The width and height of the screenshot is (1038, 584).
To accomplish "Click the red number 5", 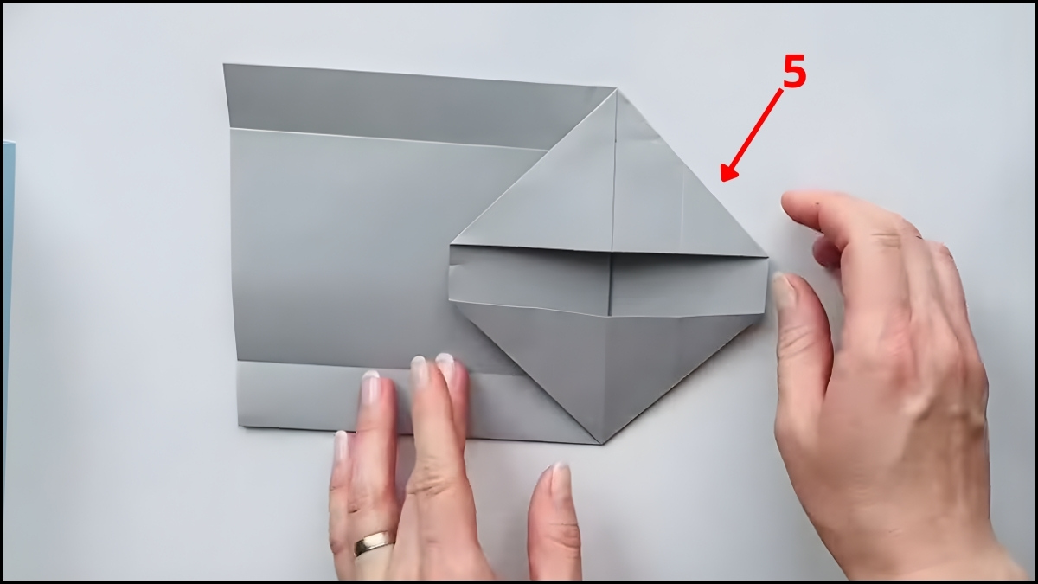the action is [x=794, y=71].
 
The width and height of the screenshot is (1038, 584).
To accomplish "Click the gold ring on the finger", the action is [x=374, y=542].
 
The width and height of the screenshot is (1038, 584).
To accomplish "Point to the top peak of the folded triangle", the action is [x=618, y=89].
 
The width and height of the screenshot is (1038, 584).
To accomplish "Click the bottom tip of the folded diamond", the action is [x=601, y=444].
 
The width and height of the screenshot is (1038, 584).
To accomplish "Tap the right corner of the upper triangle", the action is [x=767, y=256].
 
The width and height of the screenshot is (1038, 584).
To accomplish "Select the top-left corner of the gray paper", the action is [x=224, y=64].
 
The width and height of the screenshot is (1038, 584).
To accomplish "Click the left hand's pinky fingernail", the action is [x=341, y=446].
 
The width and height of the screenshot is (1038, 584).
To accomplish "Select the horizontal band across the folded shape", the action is [x=608, y=280].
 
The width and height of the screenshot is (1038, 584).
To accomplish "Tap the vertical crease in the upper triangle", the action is [x=615, y=171].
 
